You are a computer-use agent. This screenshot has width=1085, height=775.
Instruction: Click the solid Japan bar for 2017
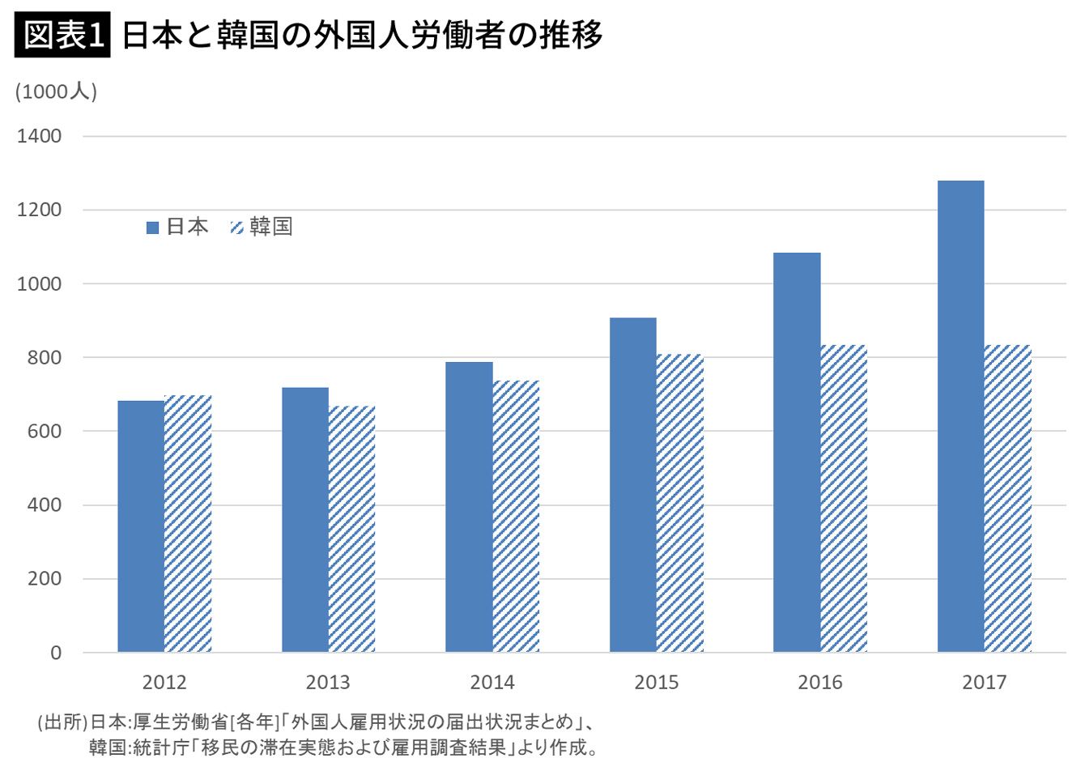960,416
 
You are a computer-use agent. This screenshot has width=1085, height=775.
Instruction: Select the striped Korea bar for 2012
188,524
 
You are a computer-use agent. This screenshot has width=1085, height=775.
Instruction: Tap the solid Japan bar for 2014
469,507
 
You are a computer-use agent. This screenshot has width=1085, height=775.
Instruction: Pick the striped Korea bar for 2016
844,499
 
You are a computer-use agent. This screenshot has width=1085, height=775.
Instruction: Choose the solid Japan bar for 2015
633,485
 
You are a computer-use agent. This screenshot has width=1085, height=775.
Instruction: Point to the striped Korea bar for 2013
352,529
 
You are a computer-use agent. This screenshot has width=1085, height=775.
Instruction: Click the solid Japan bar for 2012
141,526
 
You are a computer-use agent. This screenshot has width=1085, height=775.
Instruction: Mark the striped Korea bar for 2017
1008,499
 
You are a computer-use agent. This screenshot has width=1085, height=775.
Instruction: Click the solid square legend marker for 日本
152,228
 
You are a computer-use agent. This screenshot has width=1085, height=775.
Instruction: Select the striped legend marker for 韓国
236,228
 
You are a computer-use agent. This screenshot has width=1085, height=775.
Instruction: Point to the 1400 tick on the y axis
39,136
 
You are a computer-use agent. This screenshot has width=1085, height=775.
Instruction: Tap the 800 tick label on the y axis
44,357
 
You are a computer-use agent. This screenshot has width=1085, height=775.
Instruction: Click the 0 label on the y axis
55,653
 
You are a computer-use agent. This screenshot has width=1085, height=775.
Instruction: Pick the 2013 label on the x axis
328,683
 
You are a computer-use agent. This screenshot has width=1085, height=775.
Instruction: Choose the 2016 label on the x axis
820,683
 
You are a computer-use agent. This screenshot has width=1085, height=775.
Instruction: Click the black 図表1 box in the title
62,36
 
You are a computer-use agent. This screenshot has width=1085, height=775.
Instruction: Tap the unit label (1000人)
56,92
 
